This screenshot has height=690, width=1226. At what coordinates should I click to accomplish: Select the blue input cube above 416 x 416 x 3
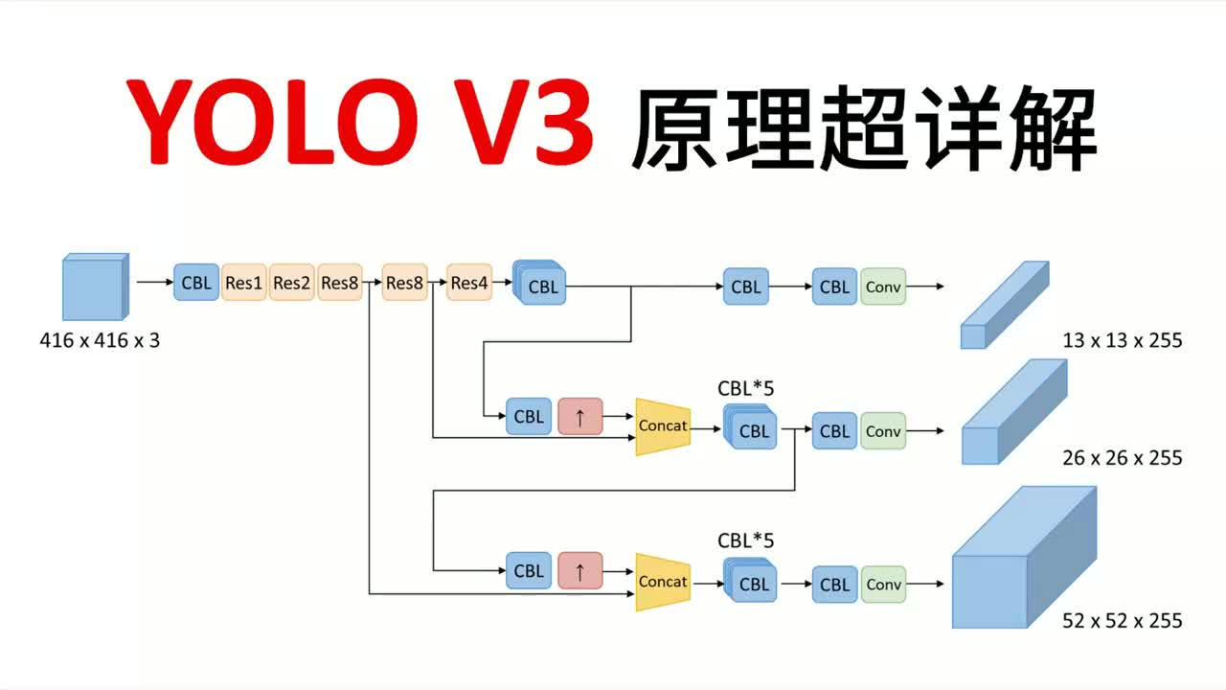(x=94, y=287)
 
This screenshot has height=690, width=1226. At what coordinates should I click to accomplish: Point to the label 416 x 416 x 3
(x=100, y=339)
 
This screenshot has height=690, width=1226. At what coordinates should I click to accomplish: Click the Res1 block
(x=244, y=283)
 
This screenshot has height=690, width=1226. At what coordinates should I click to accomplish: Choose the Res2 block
(x=292, y=283)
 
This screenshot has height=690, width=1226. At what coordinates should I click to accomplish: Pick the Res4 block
(x=469, y=283)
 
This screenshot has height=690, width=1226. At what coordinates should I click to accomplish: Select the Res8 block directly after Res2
(x=340, y=283)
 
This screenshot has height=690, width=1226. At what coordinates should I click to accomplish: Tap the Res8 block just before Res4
(x=404, y=283)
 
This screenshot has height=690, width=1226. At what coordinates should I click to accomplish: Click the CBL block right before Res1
(x=196, y=283)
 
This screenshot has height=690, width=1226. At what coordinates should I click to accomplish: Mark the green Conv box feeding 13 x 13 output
(x=883, y=287)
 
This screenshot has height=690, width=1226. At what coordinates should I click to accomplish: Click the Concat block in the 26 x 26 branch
(x=663, y=425)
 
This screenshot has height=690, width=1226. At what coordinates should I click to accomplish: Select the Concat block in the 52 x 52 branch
(x=663, y=582)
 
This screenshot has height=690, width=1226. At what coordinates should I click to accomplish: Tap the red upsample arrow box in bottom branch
(x=580, y=571)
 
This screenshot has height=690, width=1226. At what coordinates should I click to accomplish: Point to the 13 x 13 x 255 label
(x=1122, y=340)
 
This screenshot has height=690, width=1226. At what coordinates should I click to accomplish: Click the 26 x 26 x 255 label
(x=1122, y=458)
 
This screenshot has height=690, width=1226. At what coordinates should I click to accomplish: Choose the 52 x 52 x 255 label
(x=1122, y=621)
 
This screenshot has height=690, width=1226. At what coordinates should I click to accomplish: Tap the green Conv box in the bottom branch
(x=883, y=585)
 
